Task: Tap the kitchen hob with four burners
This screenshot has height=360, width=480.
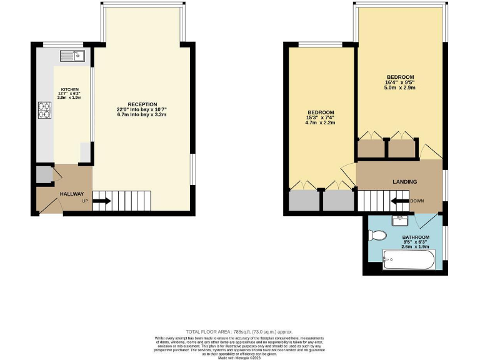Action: click(x=45, y=110)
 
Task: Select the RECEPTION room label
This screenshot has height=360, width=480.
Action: click(x=142, y=104)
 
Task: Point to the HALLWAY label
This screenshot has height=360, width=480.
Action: click(x=71, y=194)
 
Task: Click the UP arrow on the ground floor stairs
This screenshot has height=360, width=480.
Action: click(x=102, y=201)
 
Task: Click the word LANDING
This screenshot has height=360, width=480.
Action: click(x=404, y=182)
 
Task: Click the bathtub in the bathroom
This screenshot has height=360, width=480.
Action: click(x=407, y=259)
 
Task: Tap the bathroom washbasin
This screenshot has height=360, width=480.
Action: click(x=399, y=220)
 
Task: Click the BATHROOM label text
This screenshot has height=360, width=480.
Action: click(x=416, y=237)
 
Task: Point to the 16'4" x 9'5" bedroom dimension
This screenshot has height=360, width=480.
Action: click(x=400, y=82)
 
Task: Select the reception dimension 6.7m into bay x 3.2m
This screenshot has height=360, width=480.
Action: click(x=142, y=115)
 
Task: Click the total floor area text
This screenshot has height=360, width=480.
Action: click(x=239, y=331)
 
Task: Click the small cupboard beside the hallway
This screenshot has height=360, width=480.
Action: click(x=43, y=175)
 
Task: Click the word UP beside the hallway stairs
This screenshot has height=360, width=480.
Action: click(x=84, y=201)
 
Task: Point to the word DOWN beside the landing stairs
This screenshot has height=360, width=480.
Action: click(x=417, y=201)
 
